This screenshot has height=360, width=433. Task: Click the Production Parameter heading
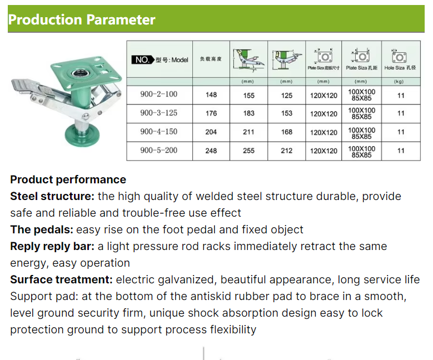(82, 20)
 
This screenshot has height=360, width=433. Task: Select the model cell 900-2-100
(159, 94)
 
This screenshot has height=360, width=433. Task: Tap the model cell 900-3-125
(159, 113)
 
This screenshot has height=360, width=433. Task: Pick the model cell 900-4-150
(159, 132)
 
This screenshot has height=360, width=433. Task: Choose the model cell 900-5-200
(159, 151)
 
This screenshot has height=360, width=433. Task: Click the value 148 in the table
(211, 95)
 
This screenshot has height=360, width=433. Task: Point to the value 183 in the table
(249, 113)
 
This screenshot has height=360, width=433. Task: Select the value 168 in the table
(286, 132)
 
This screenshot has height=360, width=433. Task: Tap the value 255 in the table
(249, 151)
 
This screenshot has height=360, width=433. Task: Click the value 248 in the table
(211, 151)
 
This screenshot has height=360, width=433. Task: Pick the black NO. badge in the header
(142, 60)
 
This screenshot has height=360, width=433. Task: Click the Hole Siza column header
(400, 68)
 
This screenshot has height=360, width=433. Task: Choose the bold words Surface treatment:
(62, 279)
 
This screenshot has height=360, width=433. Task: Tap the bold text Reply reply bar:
(53, 246)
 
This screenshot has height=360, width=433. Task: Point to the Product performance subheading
(68, 180)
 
